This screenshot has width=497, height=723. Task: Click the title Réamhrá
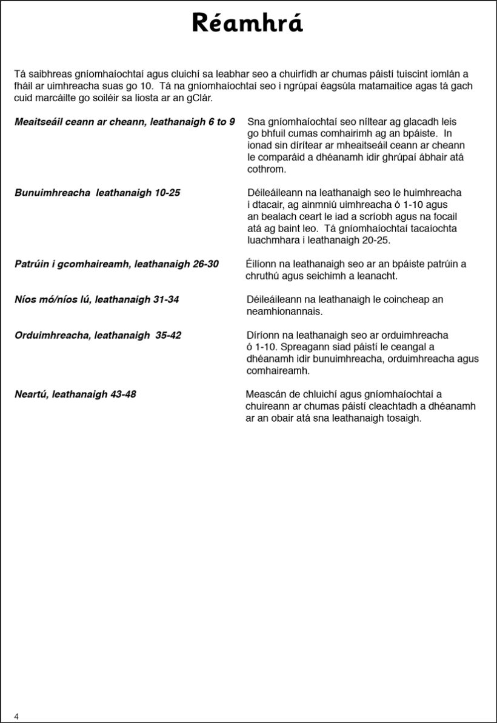[x=247, y=23]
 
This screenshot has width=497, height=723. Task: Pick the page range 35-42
[x=168, y=335]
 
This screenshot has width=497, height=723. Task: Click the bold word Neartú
[x=32, y=395]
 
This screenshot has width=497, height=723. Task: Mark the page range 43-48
[x=123, y=395]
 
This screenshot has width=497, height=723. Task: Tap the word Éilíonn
[x=261, y=264]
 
